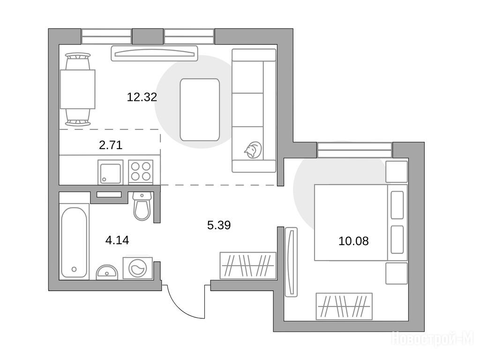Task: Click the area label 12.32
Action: (x=142, y=97)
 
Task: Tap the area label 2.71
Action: (x=111, y=145)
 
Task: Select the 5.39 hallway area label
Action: (x=219, y=225)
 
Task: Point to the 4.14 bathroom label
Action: (x=117, y=240)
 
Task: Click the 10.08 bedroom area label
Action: (x=353, y=241)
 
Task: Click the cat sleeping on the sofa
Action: (x=253, y=150)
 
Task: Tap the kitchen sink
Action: (x=111, y=172)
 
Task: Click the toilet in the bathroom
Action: (x=142, y=206)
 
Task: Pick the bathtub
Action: (x=74, y=242)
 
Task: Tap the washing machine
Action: (x=138, y=268)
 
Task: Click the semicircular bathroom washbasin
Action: (x=107, y=272)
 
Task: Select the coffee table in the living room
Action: (x=200, y=110)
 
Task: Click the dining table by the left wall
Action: (x=78, y=89)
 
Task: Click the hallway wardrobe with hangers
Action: (x=248, y=265)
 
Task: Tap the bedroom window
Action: (x=354, y=150)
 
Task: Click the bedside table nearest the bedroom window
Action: (x=397, y=172)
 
